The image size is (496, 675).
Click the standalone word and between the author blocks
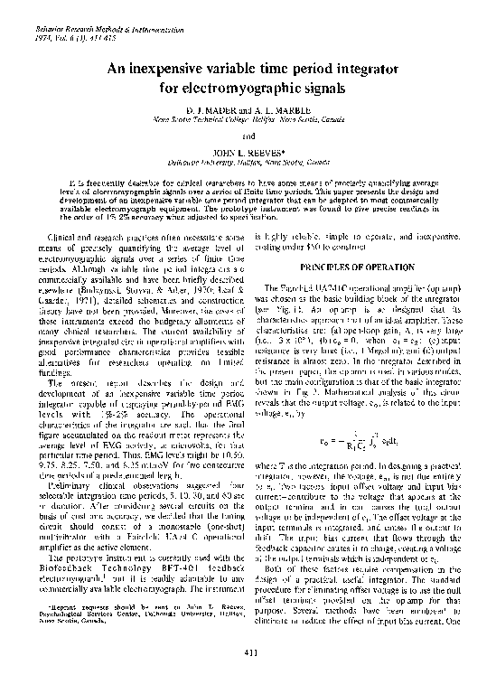(248, 136)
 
